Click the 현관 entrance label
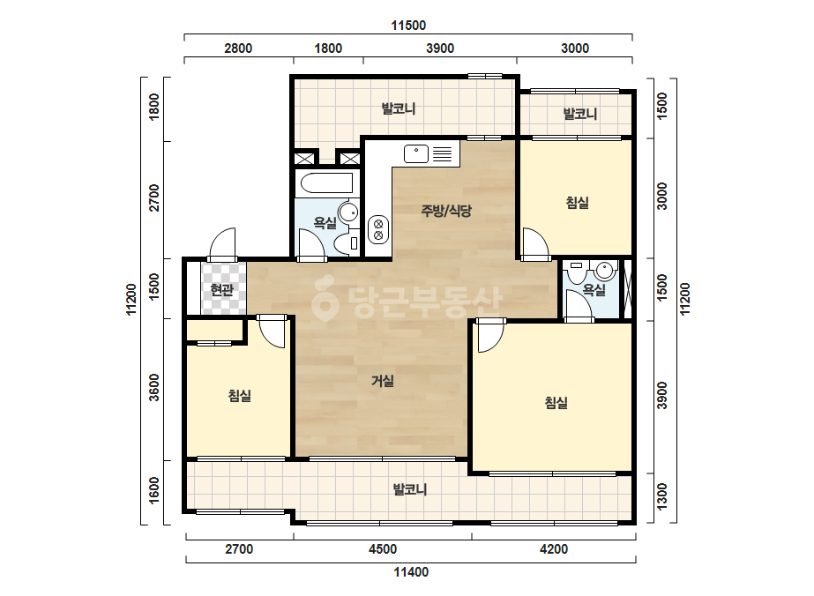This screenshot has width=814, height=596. [221, 290]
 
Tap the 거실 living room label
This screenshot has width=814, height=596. [383, 381]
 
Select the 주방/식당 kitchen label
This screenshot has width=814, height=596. [446, 210]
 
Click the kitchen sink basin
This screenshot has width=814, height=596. [416, 153]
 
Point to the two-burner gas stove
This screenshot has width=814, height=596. [378, 229]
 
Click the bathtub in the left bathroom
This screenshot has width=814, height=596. [327, 183]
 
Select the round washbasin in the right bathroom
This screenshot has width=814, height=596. [605, 270]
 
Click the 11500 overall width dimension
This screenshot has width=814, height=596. [408, 25]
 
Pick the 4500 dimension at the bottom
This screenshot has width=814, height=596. [383, 549]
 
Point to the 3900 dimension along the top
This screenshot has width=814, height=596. [440, 48]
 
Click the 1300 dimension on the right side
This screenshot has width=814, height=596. [662, 497]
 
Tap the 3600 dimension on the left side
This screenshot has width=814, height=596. [154, 388]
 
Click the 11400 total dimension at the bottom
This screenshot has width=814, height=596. [411, 572]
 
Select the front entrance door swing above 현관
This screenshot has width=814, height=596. [223, 244]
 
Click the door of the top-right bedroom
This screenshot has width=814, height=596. [535, 243]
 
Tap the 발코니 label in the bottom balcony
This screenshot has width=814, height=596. [409, 489]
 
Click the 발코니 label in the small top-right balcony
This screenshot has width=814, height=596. [580, 114]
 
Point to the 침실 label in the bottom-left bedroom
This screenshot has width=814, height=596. [240, 396]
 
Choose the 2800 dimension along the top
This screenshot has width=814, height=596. [238, 48]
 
